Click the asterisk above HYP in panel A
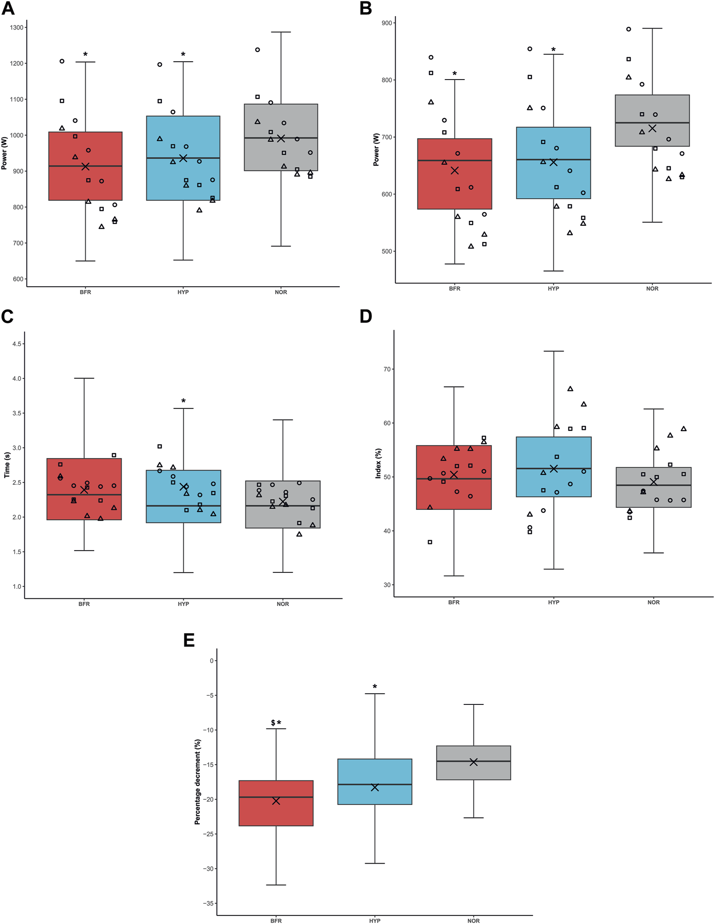183,55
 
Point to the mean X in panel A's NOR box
281,139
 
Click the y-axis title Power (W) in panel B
376,149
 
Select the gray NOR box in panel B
652,107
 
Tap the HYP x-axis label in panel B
553,288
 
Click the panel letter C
8,317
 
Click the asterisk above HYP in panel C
183,401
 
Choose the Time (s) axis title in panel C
7,465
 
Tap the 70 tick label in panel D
387,369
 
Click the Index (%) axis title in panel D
378,464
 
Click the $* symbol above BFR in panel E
276,723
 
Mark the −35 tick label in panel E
209,903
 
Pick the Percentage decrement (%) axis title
198,781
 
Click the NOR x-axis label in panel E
473,921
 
